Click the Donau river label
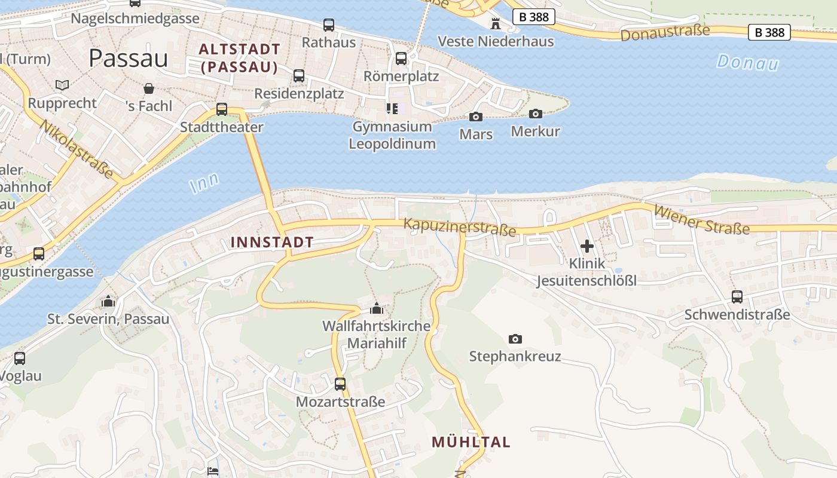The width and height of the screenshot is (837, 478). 748,62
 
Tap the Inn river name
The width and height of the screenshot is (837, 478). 204,182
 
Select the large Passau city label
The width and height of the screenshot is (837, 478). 129,58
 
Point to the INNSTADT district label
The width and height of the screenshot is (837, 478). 272,242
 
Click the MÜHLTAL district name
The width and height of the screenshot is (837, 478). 471,442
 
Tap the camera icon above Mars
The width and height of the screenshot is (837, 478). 476,117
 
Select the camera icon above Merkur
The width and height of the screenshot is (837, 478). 536,114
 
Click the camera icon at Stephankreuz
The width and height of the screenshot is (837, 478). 515,339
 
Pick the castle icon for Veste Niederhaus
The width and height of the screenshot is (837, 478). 496,24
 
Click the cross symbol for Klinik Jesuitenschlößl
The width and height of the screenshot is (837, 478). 587,246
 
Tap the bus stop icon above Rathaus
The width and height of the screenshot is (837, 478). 329,25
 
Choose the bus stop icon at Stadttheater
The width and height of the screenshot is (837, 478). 222,109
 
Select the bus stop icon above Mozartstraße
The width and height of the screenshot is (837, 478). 340,384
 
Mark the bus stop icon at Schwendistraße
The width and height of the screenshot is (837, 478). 737,297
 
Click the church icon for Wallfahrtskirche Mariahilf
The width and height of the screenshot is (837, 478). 377,308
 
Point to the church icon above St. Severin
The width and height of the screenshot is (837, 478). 108,301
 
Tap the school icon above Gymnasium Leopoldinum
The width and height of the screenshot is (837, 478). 392,108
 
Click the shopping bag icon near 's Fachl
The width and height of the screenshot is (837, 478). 149,89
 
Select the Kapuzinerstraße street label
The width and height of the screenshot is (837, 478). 459,227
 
